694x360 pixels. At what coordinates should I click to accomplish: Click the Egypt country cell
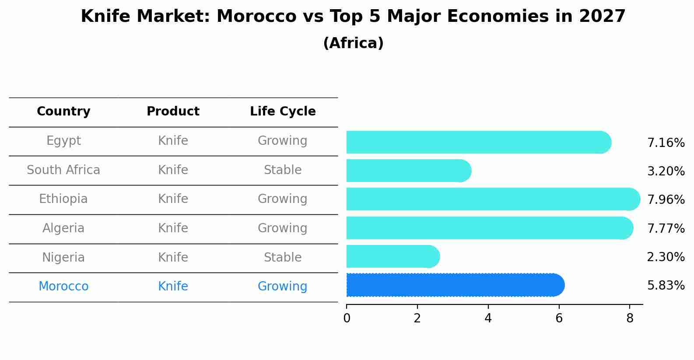click(x=63, y=141)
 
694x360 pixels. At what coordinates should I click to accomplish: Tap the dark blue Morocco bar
click(x=455, y=285)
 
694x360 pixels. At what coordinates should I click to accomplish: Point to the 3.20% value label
click(x=666, y=171)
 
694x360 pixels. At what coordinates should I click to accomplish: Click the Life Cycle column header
click(x=283, y=112)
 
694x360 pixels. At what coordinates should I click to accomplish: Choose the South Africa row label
click(x=63, y=170)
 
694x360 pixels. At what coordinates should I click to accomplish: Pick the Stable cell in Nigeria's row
click(x=283, y=258)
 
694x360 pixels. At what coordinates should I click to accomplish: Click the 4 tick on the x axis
click(x=488, y=319)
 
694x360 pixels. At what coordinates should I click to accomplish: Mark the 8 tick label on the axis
click(x=630, y=319)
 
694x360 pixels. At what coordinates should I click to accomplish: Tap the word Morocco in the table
click(x=63, y=287)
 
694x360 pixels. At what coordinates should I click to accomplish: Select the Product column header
click(x=173, y=112)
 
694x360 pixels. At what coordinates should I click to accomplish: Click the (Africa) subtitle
click(x=353, y=43)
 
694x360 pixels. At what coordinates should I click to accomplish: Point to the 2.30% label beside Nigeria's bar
click(x=666, y=257)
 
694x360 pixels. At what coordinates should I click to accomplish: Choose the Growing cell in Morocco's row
click(x=283, y=287)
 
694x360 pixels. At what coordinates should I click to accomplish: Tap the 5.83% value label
click(x=666, y=286)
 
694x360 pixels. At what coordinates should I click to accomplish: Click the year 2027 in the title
click(x=602, y=17)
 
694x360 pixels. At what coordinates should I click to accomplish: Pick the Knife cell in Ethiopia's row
click(x=173, y=199)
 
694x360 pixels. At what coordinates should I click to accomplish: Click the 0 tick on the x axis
click(x=347, y=319)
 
